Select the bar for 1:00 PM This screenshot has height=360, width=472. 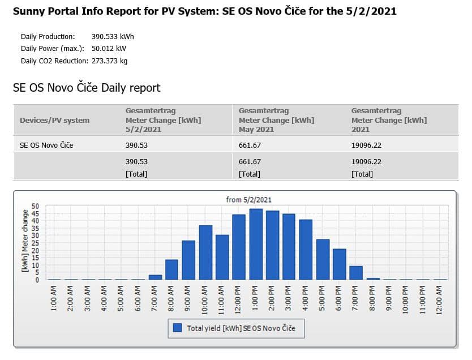[256, 244]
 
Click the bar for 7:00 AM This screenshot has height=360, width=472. [155, 277]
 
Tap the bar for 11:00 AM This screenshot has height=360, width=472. [222, 258]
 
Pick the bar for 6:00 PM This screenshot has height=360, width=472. [340, 264]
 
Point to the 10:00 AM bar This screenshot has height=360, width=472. [205, 252]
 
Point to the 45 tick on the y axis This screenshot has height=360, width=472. [35, 213]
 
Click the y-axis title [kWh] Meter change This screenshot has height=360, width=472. [25, 241]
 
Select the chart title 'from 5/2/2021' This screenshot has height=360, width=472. [248, 200]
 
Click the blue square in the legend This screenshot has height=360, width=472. [177, 328]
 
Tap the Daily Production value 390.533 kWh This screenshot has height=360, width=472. [113, 37]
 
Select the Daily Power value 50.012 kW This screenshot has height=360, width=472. [109, 49]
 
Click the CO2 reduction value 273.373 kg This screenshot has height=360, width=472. [109, 61]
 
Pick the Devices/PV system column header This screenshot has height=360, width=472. [54, 121]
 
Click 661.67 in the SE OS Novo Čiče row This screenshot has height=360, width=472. [250, 145]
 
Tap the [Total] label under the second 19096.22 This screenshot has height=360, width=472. [362, 174]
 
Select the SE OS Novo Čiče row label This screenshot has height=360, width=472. [46, 145]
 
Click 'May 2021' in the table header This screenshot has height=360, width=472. [256, 130]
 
